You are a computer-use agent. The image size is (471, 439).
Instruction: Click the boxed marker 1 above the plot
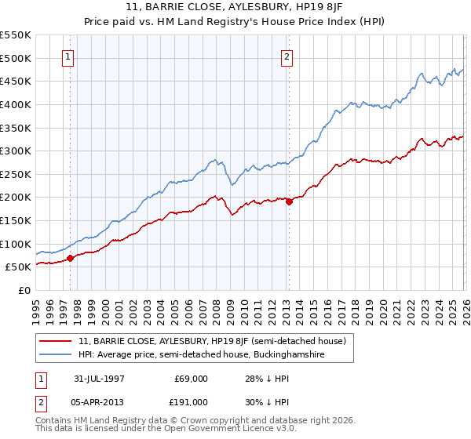coord(69,56)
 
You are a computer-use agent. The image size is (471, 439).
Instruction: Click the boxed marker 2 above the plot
coord(287,56)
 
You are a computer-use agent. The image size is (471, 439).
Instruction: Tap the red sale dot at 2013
coord(289,201)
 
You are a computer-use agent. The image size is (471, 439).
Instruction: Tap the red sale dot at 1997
coord(71,258)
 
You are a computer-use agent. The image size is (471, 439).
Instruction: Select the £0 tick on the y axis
coord(24,290)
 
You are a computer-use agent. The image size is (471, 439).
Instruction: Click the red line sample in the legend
coord(57,341)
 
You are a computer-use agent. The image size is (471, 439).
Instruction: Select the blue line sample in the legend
coord(57,355)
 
